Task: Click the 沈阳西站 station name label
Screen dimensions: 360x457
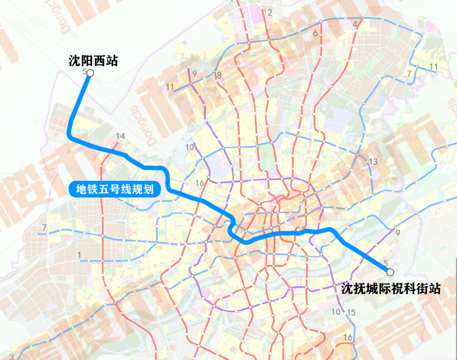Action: coord(93,61)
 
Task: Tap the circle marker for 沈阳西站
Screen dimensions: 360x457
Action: coord(90,73)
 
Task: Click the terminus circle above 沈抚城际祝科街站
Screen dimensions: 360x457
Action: coord(390,272)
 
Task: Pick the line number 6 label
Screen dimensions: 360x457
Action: coord(315,33)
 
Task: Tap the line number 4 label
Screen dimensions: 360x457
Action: coord(355,25)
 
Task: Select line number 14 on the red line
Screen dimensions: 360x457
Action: coord(121,136)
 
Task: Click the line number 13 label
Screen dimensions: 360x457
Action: coord(373,162)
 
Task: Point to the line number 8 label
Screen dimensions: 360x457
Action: coord(219,75)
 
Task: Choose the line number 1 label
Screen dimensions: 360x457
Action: coord(80,254)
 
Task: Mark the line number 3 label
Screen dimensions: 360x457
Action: coord(12,356)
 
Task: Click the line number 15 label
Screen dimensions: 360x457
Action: coord(351,312)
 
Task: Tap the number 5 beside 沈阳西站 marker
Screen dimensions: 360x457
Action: coord(85,72)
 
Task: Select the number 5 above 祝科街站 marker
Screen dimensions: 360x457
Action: coord(386,263)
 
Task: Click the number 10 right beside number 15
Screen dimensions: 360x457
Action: coord(336,312)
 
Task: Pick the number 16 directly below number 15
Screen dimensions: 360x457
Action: coord(348,338)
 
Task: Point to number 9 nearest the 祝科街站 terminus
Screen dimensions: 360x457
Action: coord(398,233)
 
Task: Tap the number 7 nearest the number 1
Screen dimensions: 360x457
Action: coord(44,228)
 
